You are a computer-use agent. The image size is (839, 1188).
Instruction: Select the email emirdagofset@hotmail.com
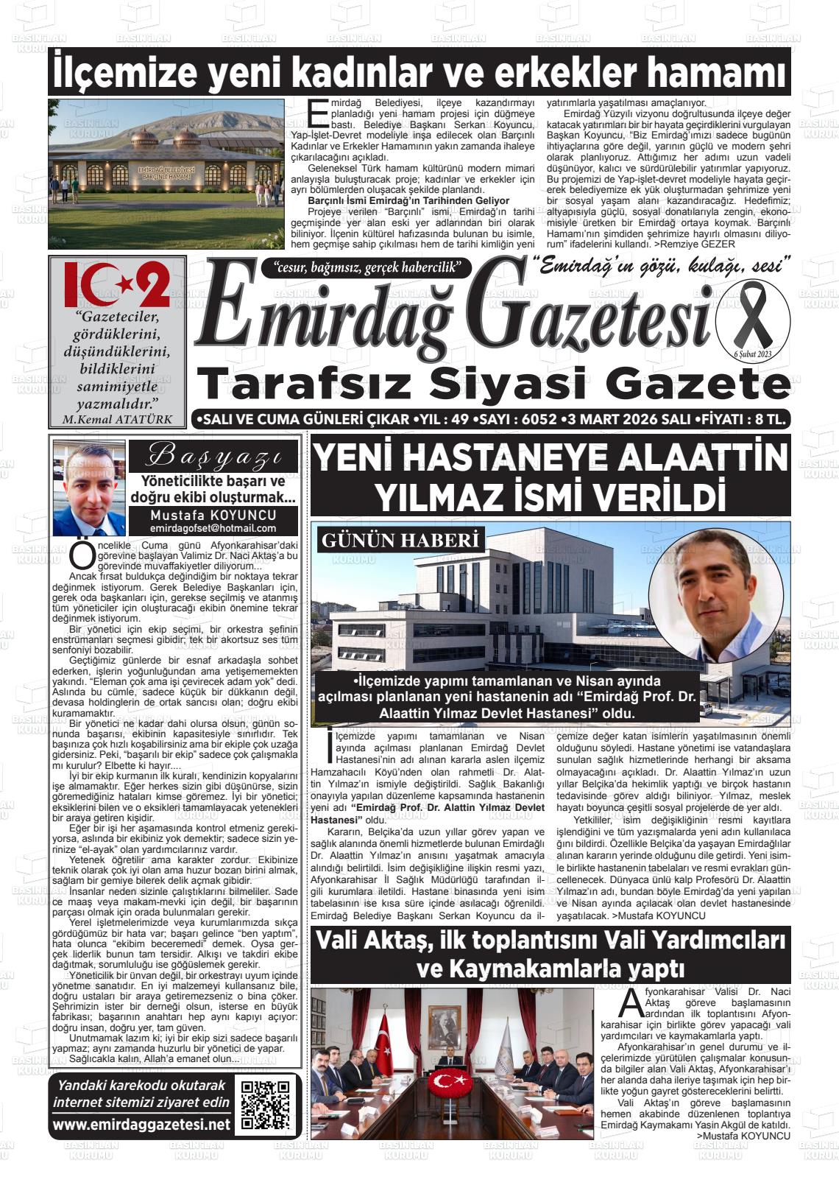pos(213,528)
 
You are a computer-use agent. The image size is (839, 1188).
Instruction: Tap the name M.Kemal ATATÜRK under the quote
pos(118,420)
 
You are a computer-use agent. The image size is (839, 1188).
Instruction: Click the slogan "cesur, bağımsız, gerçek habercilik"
pos(366,267)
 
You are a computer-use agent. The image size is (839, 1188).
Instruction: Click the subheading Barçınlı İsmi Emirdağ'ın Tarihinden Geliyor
pos(408,200)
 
